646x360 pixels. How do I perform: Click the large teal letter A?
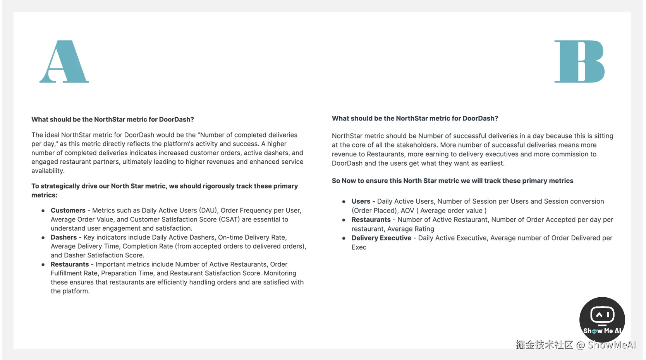[x=64, y=62]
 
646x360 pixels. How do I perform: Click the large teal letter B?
[x=579, y=62]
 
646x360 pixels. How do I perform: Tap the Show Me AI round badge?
[x=602, y=320]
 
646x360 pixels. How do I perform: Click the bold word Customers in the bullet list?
[x=68, y=211]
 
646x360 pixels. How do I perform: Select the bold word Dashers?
[x=64, y=237]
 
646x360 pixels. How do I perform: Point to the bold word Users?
[x=361, y=201]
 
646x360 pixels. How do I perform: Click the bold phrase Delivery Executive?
[x=381, y=238]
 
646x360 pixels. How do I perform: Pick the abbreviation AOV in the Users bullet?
[x=407, y=211]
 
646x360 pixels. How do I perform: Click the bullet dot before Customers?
[x=43, y=211]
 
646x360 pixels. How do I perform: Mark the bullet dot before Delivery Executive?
[x=344, y=238]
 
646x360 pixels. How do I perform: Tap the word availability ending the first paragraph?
[x=48, y=171]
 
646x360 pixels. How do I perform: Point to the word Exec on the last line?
[x=359, y=247]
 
